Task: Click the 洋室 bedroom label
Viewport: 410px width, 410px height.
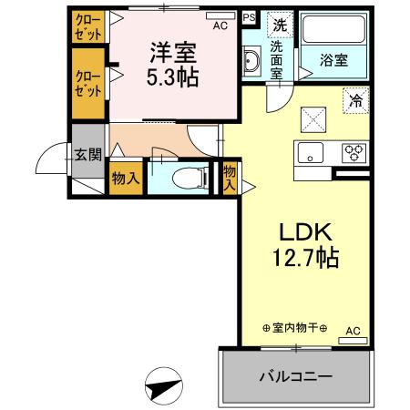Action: coord(174,52)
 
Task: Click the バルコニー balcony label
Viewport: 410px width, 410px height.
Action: coord(295,375)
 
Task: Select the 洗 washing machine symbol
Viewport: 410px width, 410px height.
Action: coord(278,25)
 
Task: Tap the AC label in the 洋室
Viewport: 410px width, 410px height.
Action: coord(220,26)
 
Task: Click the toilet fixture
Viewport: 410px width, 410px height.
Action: coord(187,178)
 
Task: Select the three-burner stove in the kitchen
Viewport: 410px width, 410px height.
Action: coord(354,153)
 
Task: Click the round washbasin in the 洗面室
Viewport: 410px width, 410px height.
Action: coord(252,63)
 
